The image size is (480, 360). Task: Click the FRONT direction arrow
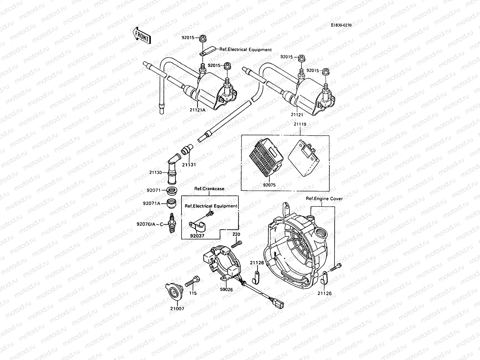(x=141, y=35)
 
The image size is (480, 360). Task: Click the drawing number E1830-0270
(x=341, y=25)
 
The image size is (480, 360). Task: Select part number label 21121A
(x=197, y=110)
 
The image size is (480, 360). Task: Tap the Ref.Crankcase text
(x=209, y=189)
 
